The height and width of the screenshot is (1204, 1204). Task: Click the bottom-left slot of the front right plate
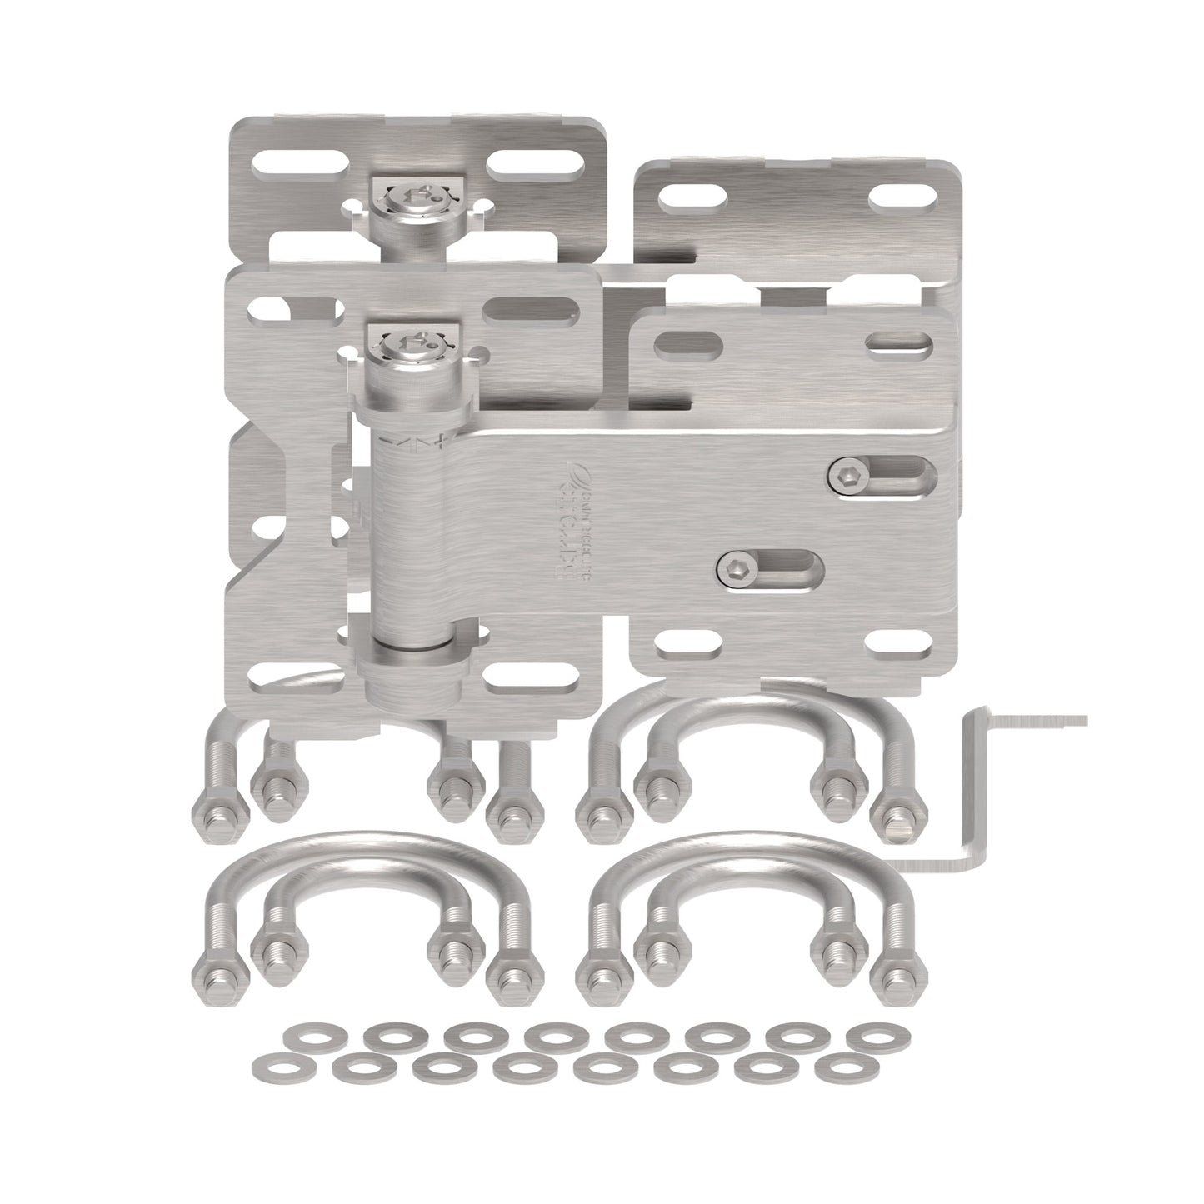point(688,643)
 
